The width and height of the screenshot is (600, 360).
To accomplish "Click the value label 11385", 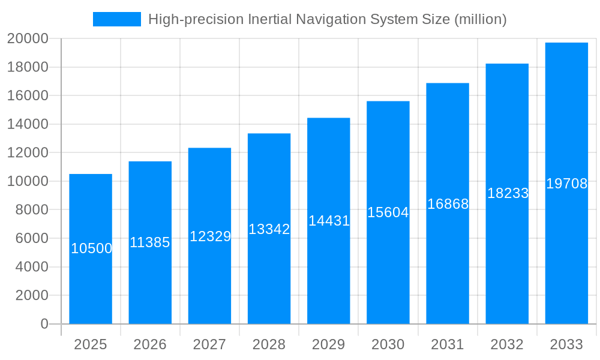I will pyautogui.click(x=150, y=242).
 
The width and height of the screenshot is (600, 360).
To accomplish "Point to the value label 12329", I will pyautogui.click(x=210, y=236).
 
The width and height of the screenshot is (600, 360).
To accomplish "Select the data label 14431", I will pyautogui.click(x=329, y=221).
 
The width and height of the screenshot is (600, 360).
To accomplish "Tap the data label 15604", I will pyautogui.click(x=388, y=212).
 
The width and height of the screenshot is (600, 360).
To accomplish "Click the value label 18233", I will pyautogui.click(x=508, y=193).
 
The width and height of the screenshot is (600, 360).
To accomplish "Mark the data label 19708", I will pyautogui.click(x=566, y=184).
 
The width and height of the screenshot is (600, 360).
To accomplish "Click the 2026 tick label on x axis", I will pyautogui.click(x=150, y=344).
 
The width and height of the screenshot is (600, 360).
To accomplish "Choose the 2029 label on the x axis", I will pyautogui.click(x=329, y=344).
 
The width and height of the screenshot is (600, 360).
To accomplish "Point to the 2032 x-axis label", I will pyautogui.click(x=507, y=344).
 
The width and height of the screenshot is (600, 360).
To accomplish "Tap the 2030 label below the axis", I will pyautogui.click(x=388, y=344).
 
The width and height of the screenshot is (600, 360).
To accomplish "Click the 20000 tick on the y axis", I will pyautogui.click(x=28, y=39).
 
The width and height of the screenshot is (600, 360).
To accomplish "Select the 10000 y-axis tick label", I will pyautogui.click(x=28, y=181).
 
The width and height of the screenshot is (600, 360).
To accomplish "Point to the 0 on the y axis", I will pyautogui.click(x=44, y=324).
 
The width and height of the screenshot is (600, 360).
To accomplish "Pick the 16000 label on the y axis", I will pyautogui.click(x=28, y=96).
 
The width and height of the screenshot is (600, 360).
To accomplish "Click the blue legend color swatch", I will pyautogui.click(x=117, y=19).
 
